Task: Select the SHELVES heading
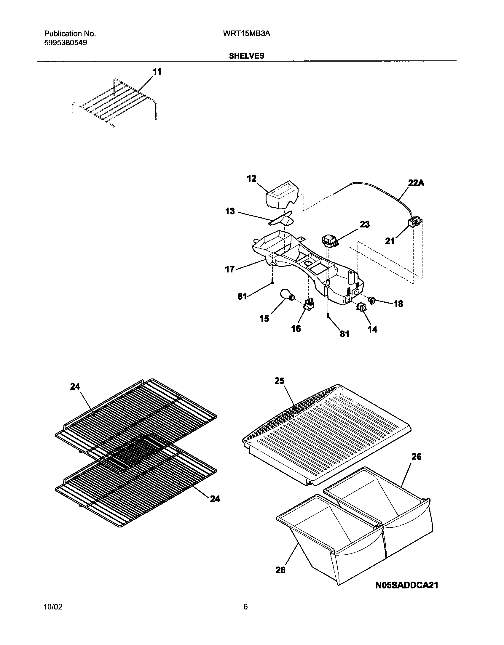pyautogui.click(x=246, y=56)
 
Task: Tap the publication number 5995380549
pyautogui.click(x=66, y=43)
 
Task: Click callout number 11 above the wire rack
pyautogui.click(x=157, y=72)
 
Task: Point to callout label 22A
pyautogui.click(x=416, y=183)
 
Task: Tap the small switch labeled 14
pyautogui.click(x=361, y=308)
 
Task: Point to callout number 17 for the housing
pyautogui.click(x=230, y=269)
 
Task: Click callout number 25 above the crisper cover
pyautogui.click(x=279, y=381)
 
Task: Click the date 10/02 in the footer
pyautogui.click(x=53, y=607)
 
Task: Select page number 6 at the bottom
pyautogui.click(x=245, y=607)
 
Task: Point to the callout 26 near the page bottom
pyautogui.click(x=280, y=570)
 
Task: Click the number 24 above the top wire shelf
pyautogui.click(x=75, y=386)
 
